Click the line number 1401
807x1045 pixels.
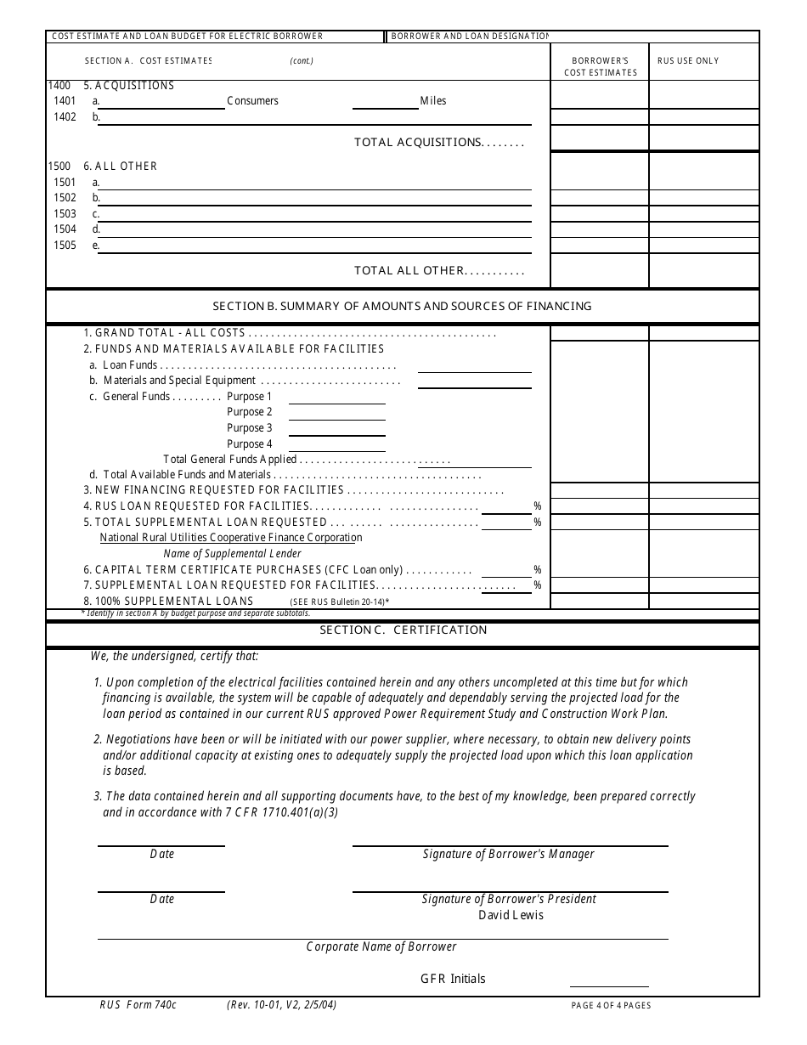pos(65,101)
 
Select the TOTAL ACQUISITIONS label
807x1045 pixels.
pos(438,143)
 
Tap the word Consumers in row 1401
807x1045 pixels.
pos(252,101)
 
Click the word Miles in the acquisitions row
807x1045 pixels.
pos(432,101)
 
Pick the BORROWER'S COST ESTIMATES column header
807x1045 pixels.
pos(600,66)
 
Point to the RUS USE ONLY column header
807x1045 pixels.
pos(688,61)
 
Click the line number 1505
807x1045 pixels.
pos(65,246)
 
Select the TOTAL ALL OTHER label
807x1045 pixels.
pos(438,271)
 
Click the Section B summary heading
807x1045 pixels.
pos(402,306)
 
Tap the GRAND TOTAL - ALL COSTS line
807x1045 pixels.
pos(170,333)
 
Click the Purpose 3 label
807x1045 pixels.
pos(250,428)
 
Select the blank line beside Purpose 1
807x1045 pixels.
pos(337,400)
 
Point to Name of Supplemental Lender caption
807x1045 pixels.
pos(232,554)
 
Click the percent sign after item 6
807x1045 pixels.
pos(538,570)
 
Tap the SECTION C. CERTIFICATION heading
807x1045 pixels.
pos(403,630)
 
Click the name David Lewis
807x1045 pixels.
pos(511,915)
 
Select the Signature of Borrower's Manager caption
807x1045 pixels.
pos(509,854)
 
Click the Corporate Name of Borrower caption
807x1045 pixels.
pos(381,946)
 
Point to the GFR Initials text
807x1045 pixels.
pos(453,979)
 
